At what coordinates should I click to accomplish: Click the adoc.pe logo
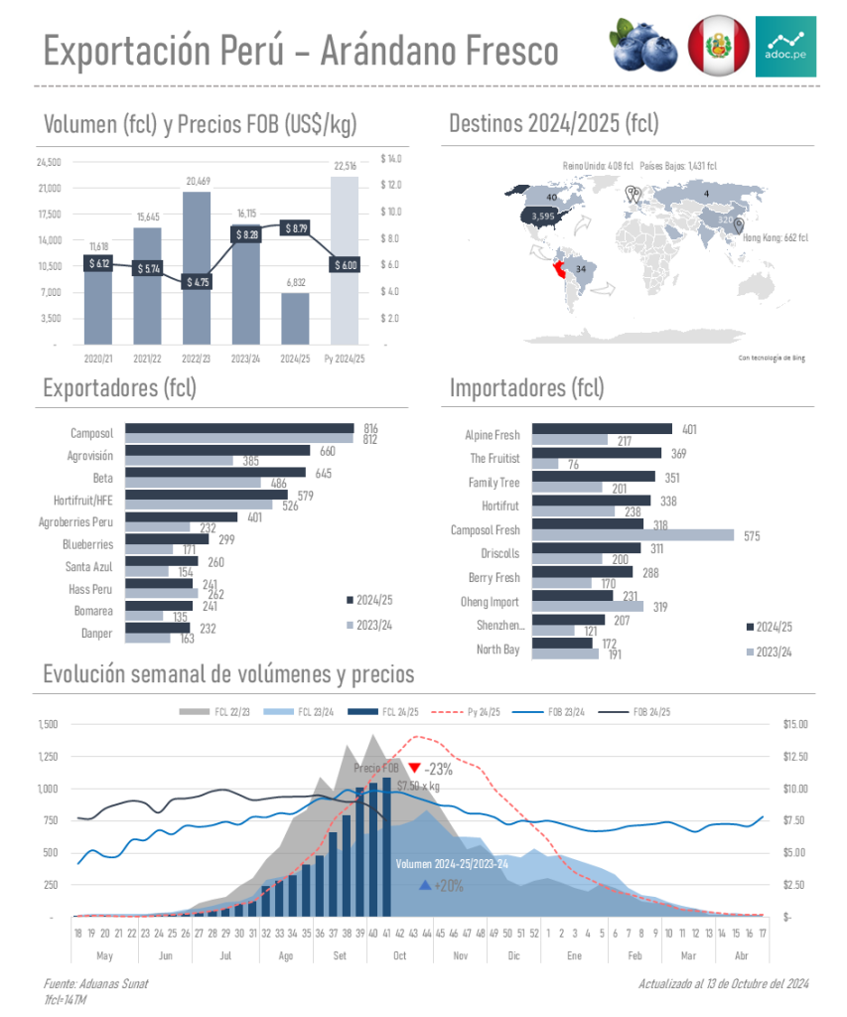pos(785,46)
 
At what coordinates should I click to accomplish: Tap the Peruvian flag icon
pos(717,46)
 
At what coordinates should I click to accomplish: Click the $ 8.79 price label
pos(295,228)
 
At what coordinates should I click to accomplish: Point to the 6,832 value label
pos(295,284)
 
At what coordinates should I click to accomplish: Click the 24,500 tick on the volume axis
pos(49,162)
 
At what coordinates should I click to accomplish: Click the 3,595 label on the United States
pos(543,216)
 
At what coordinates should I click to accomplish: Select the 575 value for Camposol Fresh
pos(751,535)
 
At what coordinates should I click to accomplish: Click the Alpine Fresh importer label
pos(492,435)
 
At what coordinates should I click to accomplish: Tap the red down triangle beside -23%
pos(414,768)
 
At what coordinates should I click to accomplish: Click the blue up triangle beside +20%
pos(425,885)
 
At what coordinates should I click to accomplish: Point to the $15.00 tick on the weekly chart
pos(796,724)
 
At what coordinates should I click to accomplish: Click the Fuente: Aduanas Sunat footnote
pos(95,983)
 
